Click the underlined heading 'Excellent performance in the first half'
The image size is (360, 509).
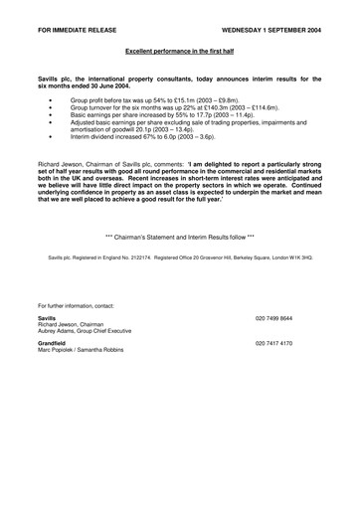pyautogui.click(x=180, y=48)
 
